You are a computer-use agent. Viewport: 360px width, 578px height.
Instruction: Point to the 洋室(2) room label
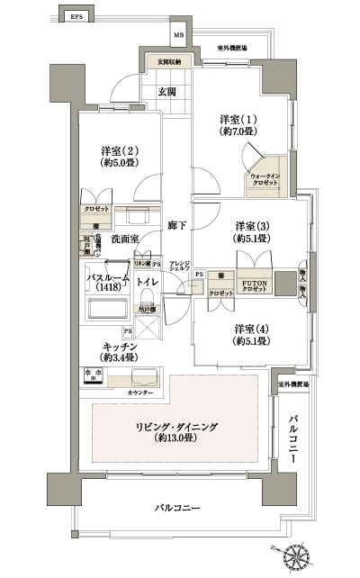(118, 158)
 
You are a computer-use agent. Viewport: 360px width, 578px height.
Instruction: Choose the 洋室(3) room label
(252, 232)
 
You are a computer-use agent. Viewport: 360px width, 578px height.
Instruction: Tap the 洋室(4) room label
(252, 335)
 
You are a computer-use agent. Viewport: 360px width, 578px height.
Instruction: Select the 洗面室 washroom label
(125, 240)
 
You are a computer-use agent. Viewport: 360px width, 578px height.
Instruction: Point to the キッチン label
(120, 351)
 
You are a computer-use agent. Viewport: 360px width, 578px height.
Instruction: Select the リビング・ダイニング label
(182, 430)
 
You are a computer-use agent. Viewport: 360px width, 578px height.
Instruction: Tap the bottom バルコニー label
(176, 510)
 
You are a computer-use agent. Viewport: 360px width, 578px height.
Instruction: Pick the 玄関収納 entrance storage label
(169, 62)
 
